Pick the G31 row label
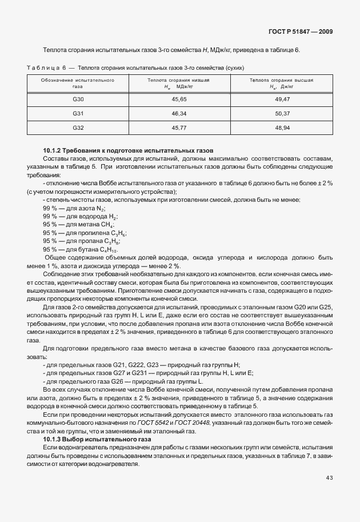(x=78, y=114)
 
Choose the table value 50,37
(x=283, y=114)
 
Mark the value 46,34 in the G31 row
(x=179, y=114)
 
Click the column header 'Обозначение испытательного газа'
(x=78, y=83)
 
